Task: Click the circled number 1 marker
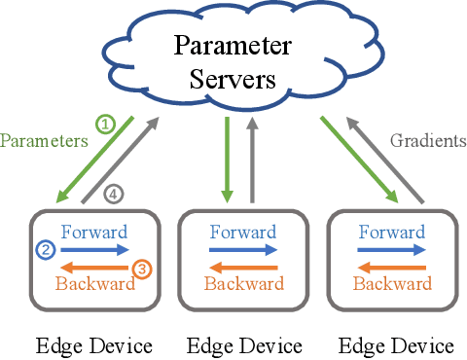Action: [105, 125]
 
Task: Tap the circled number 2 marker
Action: [45, 250]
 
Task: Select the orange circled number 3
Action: [141, 268]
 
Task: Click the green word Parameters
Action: [43, 141]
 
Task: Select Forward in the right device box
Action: [391, 233]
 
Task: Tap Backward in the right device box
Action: [391, 284]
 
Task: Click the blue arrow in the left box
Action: [93, 250]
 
